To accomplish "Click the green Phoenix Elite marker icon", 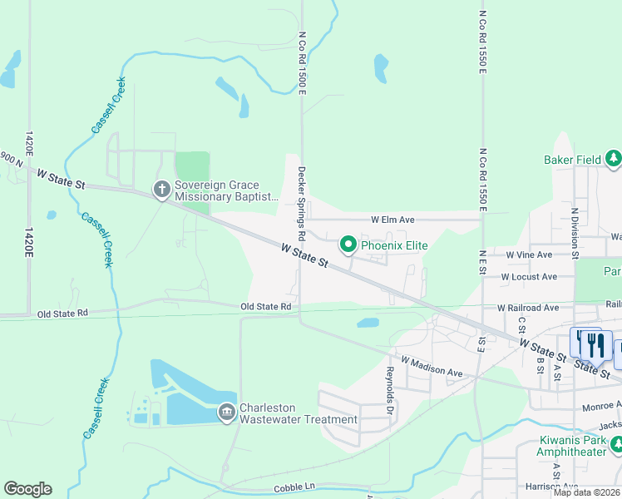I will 348,245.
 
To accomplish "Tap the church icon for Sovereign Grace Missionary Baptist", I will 162,190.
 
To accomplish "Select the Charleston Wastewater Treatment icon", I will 226,413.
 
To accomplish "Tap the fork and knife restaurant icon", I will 591,343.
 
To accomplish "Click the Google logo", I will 27,489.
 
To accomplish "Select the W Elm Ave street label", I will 392,220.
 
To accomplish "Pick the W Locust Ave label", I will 528,277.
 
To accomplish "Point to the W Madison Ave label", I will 431,367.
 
